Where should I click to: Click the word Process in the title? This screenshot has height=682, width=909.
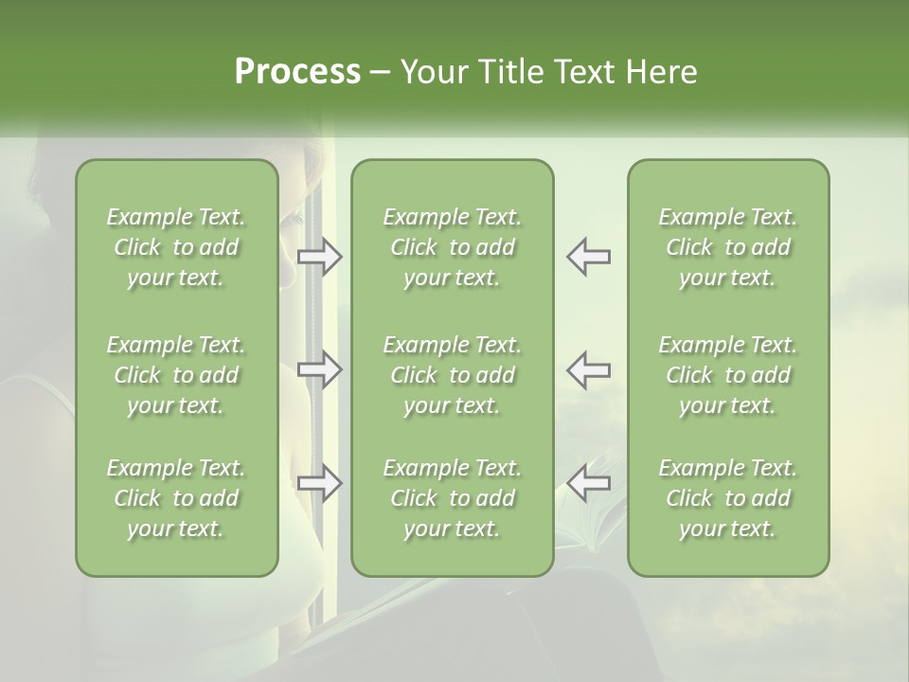297,72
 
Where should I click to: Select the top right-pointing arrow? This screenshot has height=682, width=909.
320,257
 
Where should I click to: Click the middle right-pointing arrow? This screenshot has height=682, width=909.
320,369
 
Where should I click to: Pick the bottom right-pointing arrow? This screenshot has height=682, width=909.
320,483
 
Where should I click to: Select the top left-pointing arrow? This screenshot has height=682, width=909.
588,257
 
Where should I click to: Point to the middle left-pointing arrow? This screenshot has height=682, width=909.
588,369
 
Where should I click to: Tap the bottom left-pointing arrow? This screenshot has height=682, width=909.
588,483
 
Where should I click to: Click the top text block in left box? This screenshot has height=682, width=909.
176,247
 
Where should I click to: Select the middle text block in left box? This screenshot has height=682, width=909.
176,375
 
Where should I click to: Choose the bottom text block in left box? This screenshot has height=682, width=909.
176,498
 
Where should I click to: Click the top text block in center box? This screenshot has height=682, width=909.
452,247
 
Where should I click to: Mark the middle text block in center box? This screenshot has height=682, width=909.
452,375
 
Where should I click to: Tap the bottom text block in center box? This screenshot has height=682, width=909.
452,498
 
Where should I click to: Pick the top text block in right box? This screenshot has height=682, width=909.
727,247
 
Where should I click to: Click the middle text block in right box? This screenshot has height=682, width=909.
727,375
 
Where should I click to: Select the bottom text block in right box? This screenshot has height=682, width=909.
727,498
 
